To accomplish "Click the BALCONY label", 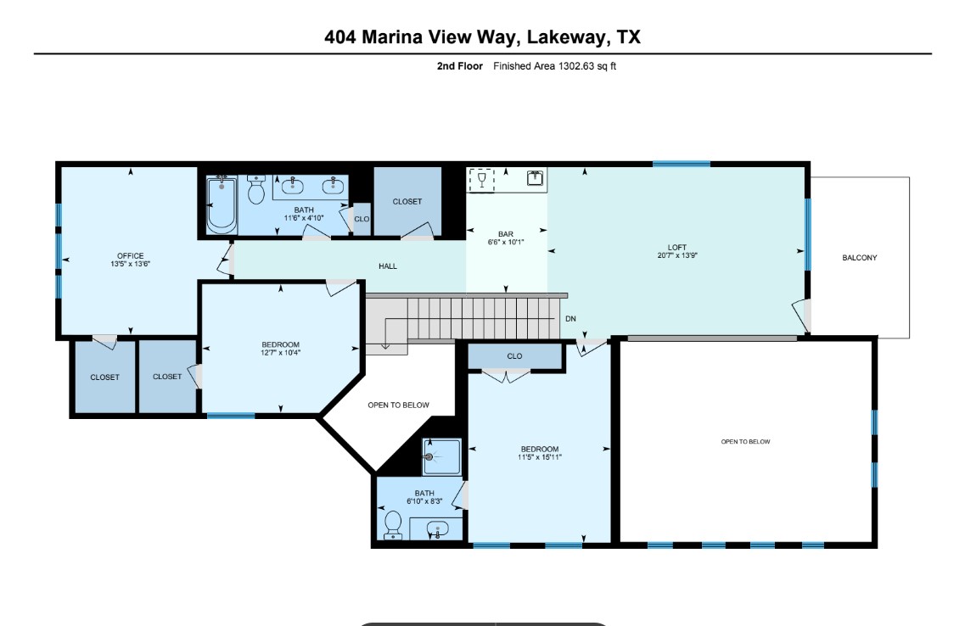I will tap(859, 258).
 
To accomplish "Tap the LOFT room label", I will tap(676, 248).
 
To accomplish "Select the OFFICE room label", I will tap(130, 256).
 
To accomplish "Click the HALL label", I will tap(387, 266).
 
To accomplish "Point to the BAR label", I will tap(506, 234).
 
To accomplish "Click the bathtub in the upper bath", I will tap(222, 204).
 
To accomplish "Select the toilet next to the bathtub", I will tap(256, 190).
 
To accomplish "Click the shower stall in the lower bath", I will tap(442, 456).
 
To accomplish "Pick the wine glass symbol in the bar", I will tap(482, 179).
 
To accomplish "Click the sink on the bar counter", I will tap(536, 178).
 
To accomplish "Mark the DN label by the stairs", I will tap(570, 319).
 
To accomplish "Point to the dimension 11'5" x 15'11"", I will tap(540, 457).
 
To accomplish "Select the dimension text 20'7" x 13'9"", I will tap(676, 255).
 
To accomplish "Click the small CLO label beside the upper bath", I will tap(362, 219).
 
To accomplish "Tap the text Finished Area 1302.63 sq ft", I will tap(554, 66).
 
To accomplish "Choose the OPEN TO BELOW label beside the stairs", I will tap(398, 405).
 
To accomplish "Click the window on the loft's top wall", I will tap(681, 164).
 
